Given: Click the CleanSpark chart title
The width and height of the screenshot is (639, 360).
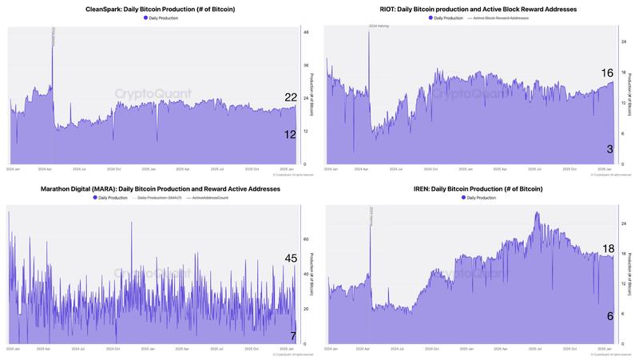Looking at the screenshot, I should pyautogui.click(x=159, y=8).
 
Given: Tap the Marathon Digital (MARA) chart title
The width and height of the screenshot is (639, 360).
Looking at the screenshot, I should pyautogui.click(x=159, y=188).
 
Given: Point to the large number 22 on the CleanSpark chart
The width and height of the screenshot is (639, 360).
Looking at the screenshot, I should pyautogui.click(x=291, y=97).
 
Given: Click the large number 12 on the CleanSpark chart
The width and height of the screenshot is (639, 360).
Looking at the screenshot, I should pyautogui.click(x=291, y=135).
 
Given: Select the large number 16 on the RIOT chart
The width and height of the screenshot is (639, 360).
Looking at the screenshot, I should pyautogui.click(x=607, y=73).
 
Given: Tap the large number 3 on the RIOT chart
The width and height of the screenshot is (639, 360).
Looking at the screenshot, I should pyautogui.click(x=609, y=149).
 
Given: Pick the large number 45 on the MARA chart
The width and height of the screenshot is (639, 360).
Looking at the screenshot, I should pyautogui.click(x=291, y=258).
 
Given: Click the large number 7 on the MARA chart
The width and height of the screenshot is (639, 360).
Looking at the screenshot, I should pyautogui.click(x=293, y=335).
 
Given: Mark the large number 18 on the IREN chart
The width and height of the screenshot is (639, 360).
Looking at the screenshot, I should pyautogui.click(x=607, y=249).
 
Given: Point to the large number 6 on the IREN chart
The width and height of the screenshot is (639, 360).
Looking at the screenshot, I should pyautogui.click(x=609, y=316).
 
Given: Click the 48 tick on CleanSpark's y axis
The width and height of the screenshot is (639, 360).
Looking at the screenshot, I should pyautogui.click(x=305, y=33).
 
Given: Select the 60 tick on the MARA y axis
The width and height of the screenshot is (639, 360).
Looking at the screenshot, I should pyautogui.click(x=305, y=239).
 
